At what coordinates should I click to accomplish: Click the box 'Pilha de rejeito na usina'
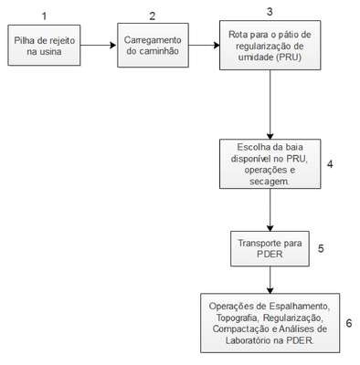pos(44,46)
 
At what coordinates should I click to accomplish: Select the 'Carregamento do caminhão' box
pos(153,45)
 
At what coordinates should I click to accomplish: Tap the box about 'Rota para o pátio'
pos(270,46)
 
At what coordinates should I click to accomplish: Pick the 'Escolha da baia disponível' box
pos(270,164)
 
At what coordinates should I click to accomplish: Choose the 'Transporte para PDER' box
pos(270,248)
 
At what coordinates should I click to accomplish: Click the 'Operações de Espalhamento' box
pos(270,323)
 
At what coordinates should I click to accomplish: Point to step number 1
pos(45,16)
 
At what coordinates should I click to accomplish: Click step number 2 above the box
pos(153,16)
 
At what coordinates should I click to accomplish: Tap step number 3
pos(270,12)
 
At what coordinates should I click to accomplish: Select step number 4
pos(330,164)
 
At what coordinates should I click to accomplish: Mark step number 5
pos(321,248)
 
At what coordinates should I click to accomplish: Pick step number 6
pos(349,323)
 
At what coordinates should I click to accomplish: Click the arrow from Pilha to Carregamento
pos(99,46)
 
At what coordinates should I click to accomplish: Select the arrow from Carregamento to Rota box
pos(204,46)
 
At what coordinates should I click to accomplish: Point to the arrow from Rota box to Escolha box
pos(270,105)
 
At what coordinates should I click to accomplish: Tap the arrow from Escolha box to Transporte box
pos(270,210)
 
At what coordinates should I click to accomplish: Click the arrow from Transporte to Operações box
pos(270,280)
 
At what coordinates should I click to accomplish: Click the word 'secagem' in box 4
pos(270,182)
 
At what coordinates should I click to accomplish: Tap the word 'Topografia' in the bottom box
pos(238,318)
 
